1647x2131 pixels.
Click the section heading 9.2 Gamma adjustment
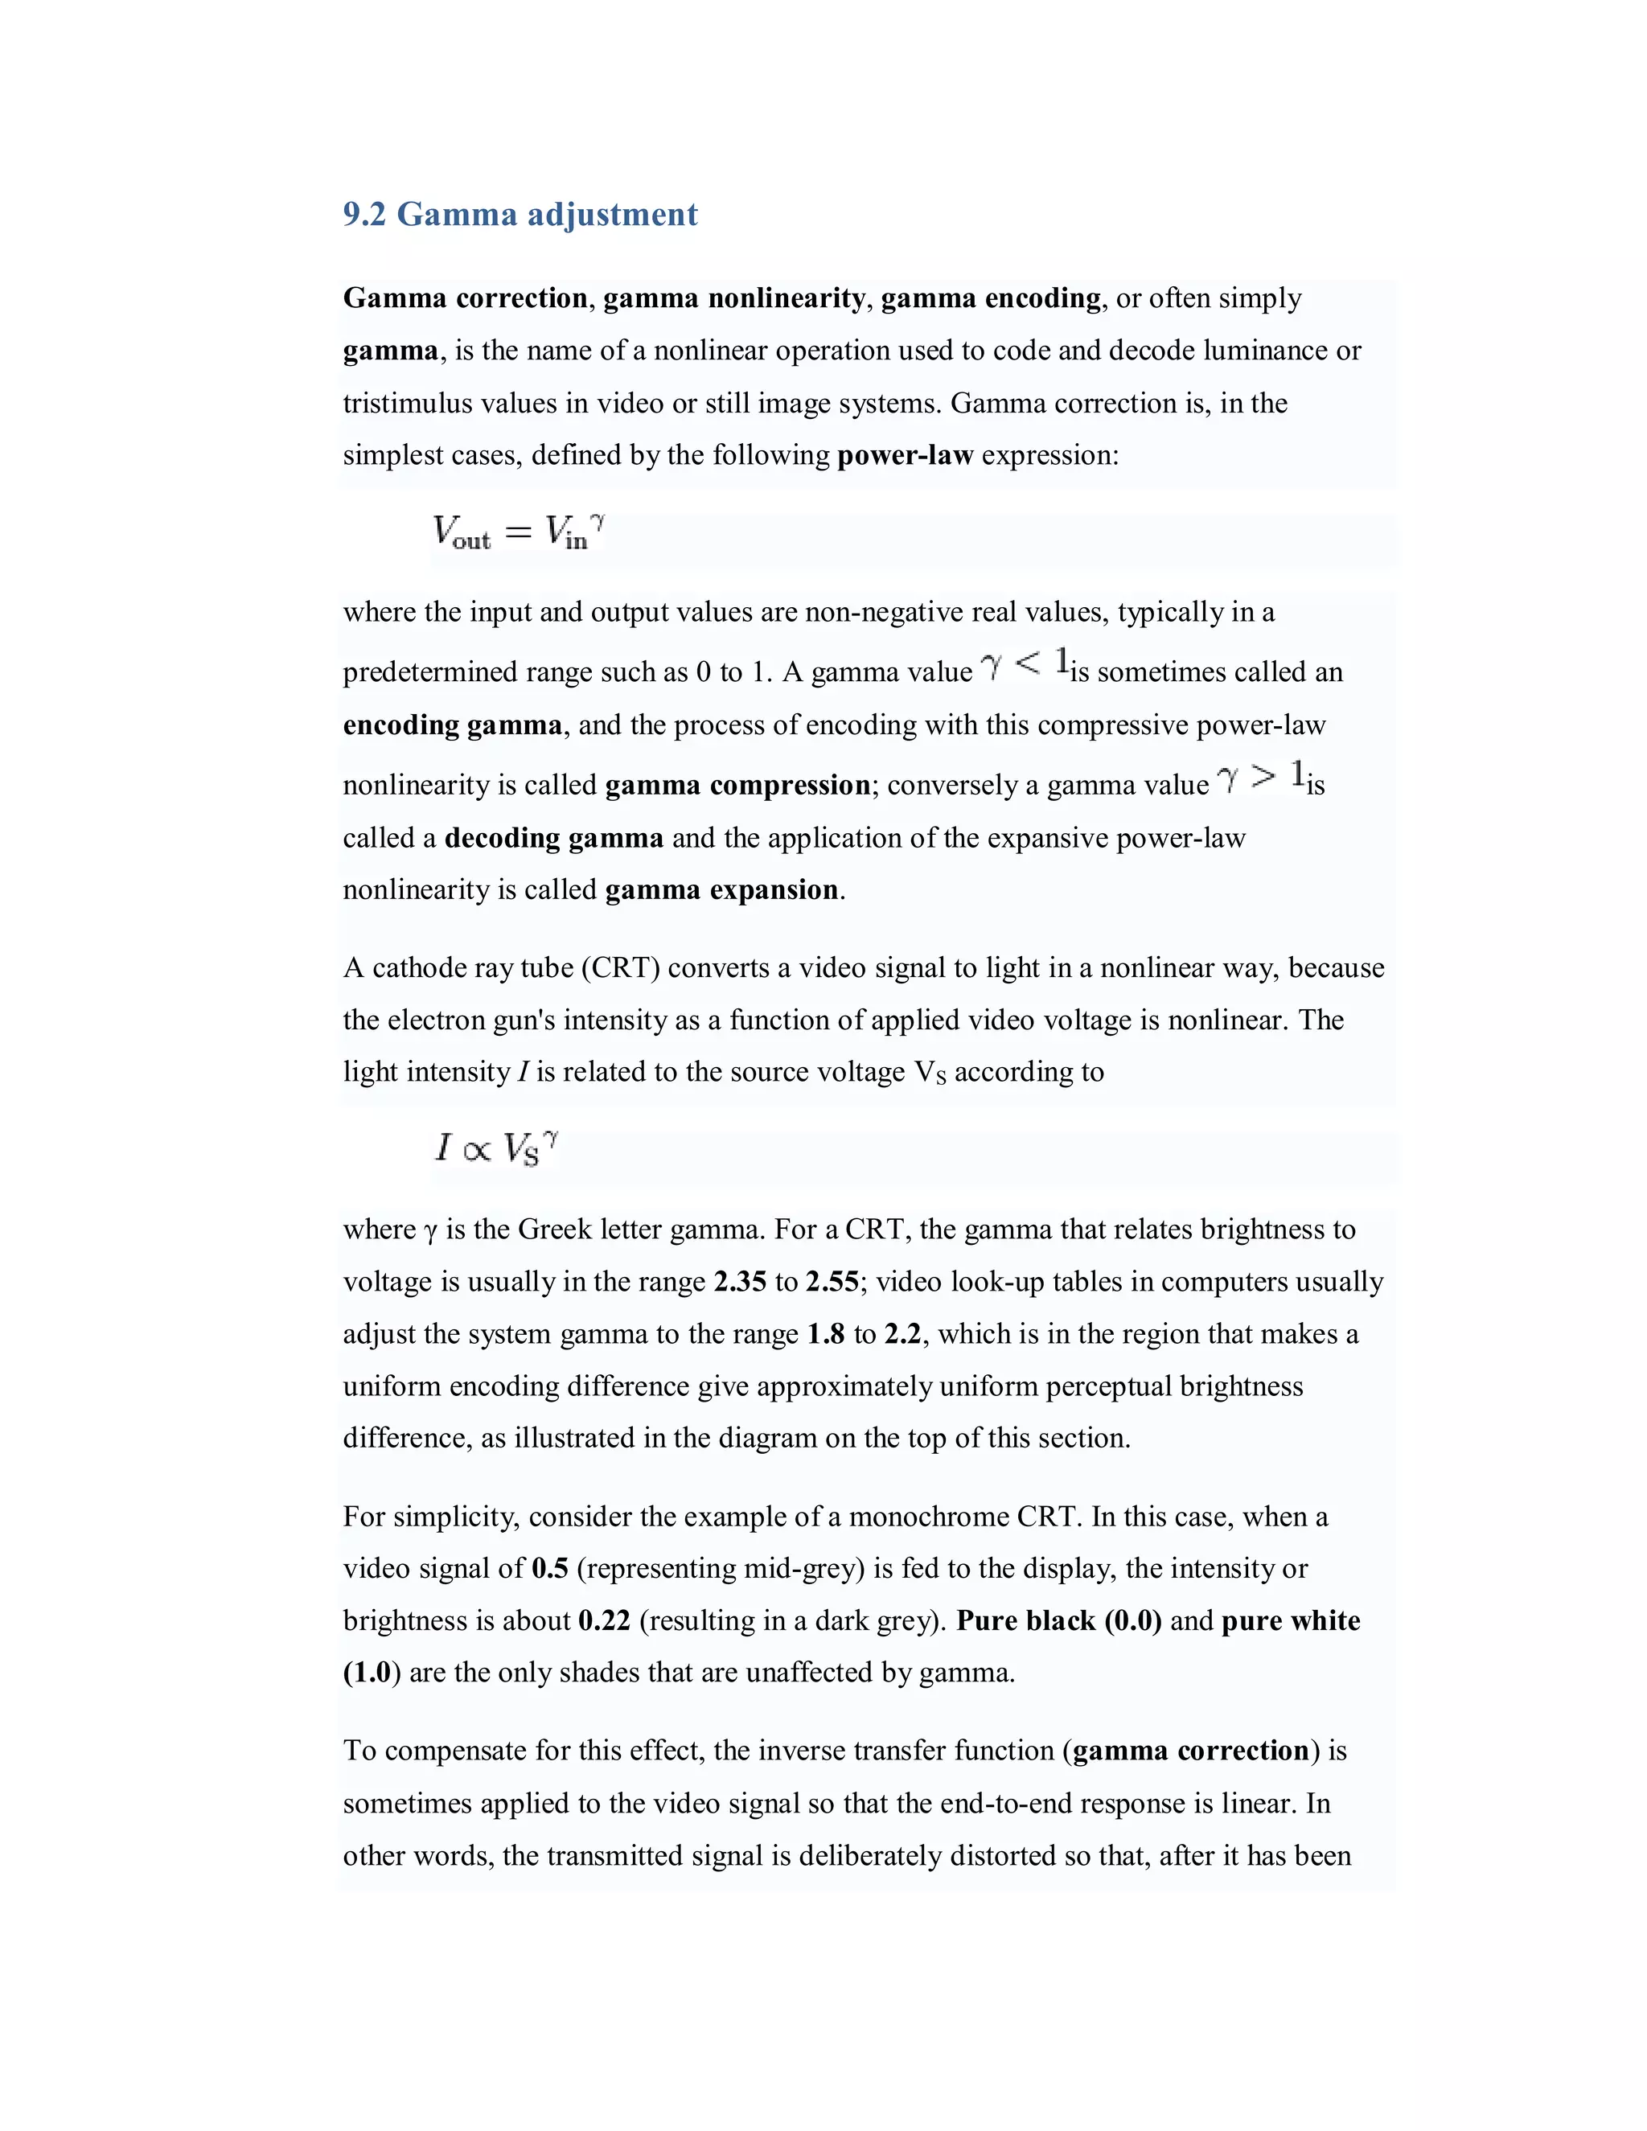pos(520,214)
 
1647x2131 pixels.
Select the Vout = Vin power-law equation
pos(518,532)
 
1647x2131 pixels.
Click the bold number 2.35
pos(740,1281)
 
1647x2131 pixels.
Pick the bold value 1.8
pos(825,1334)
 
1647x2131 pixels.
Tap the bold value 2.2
pos(902,1334)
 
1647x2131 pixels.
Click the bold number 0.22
pos(604,1620)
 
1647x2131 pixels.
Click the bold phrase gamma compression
pos(737,786)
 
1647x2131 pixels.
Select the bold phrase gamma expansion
pos(721,890)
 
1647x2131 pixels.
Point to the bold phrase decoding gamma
pos(553,838)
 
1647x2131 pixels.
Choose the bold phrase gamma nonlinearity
pos(733,298)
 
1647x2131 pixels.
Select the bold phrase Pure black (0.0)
pos(1058,1620)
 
